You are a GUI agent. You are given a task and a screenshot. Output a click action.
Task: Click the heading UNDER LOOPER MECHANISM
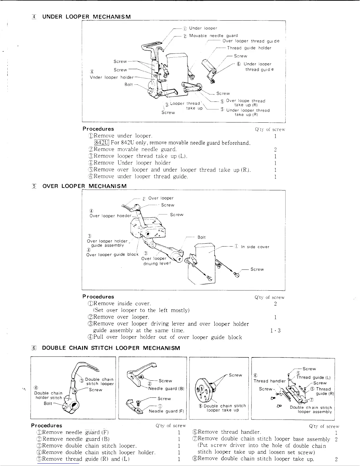pyautogui.click(x=86, y=16)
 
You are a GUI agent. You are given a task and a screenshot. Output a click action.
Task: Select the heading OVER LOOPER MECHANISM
pyautogui.click(x=84, y=186)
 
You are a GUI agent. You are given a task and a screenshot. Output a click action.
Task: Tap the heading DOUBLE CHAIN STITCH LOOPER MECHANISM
pyautogui.click(x=111, y=348)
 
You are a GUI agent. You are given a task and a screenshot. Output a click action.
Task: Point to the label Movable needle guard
pyautogui.click(x=214, y=36)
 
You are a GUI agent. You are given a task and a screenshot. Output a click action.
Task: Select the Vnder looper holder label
pyautogui.click(x=111, y=77)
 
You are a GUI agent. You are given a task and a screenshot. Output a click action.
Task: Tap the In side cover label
pyautogui.click(x=255, y=247)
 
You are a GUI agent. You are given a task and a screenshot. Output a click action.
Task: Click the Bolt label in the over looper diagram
pyautogui.click(x=201, y=237)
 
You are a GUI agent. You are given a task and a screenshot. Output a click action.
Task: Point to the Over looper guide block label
pyautogui.click(x=112, y=254)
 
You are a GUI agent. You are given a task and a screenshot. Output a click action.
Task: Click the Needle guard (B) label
pyautogui.click(x=166, y=388)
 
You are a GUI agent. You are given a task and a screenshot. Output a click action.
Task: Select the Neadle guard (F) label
pyautogui.click(x=166, y=411)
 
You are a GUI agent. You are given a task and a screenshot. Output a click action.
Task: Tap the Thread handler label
pyautogui.click(x=269, y=381)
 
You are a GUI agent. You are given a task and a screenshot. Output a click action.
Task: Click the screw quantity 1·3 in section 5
pyautogui.click(x=275, y=330)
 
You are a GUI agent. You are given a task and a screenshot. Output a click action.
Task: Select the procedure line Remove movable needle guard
pyautogui.click(x=135, y=149)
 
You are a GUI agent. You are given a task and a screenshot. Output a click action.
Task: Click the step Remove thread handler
pyautogui.click(x=226, y=432)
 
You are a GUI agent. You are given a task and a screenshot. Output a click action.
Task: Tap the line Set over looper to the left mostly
pyautogui.click(x=141, y=310)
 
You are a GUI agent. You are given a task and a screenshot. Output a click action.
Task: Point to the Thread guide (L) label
pyautogui.click(x=314, y=377)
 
